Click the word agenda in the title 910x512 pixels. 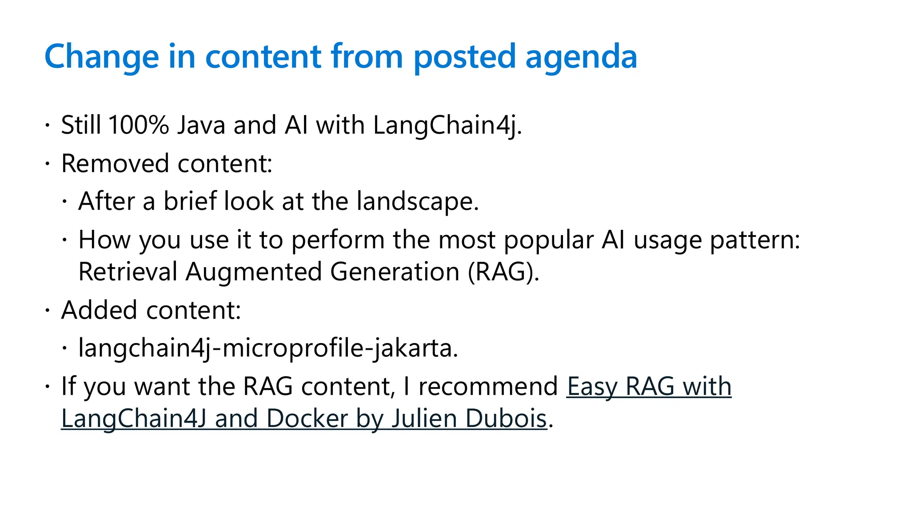pyautogui.click(x=581, y=57)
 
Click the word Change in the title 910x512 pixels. pyautogui.click(x=101, y=57)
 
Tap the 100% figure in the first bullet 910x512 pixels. pyautogui.click(x=138, y=125)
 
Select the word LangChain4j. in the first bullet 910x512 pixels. pyautogui.click(x=447, y=125)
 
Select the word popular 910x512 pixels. pyautogui.click(x=548, y=240)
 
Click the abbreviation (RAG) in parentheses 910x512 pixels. pyautogui.click(x=503, y=272)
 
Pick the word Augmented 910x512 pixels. pyautogui.click(x=253, y=272)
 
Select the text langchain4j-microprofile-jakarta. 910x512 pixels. pyautogui.click(x=267, y=348)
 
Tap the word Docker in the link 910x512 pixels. pyautogui.click(x=307, y=419)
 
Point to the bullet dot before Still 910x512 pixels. pyautogui.click(x=47, y=126)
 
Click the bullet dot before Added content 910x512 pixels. pyautogui.click(x=47, y=311)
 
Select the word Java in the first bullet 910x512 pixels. pyautogui.click(x=201, y=125)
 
